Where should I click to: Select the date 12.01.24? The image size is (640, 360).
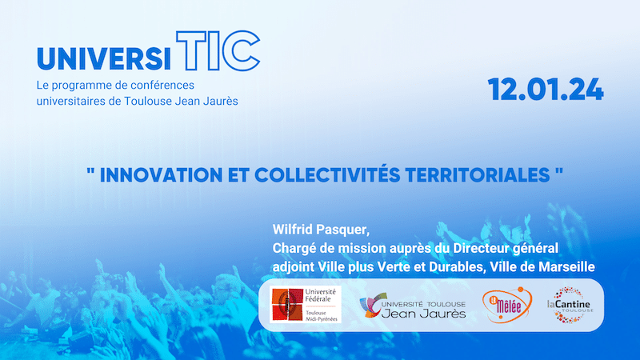pyautogui.click(x=546, y=90)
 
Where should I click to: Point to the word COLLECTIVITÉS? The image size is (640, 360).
pyautogui.click(x=327, y=174)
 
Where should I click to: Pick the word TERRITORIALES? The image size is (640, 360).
pyautogui.click(x=478, y=175)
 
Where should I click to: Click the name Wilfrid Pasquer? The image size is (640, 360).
pyautogui.click(x=322, y=230)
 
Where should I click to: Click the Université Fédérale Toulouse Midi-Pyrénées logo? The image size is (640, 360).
pyautogui.click(x=306, y=305)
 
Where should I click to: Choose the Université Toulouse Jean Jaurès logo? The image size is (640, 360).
pyautogui.click(x=413, y=306)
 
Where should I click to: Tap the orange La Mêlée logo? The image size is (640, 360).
pyautogui.click(x=507, y=305)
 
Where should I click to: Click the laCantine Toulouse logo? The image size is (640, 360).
pyautogui.click(x=570, y=305)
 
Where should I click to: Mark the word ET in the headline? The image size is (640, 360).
pyautogui.click(x=238, y=175)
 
